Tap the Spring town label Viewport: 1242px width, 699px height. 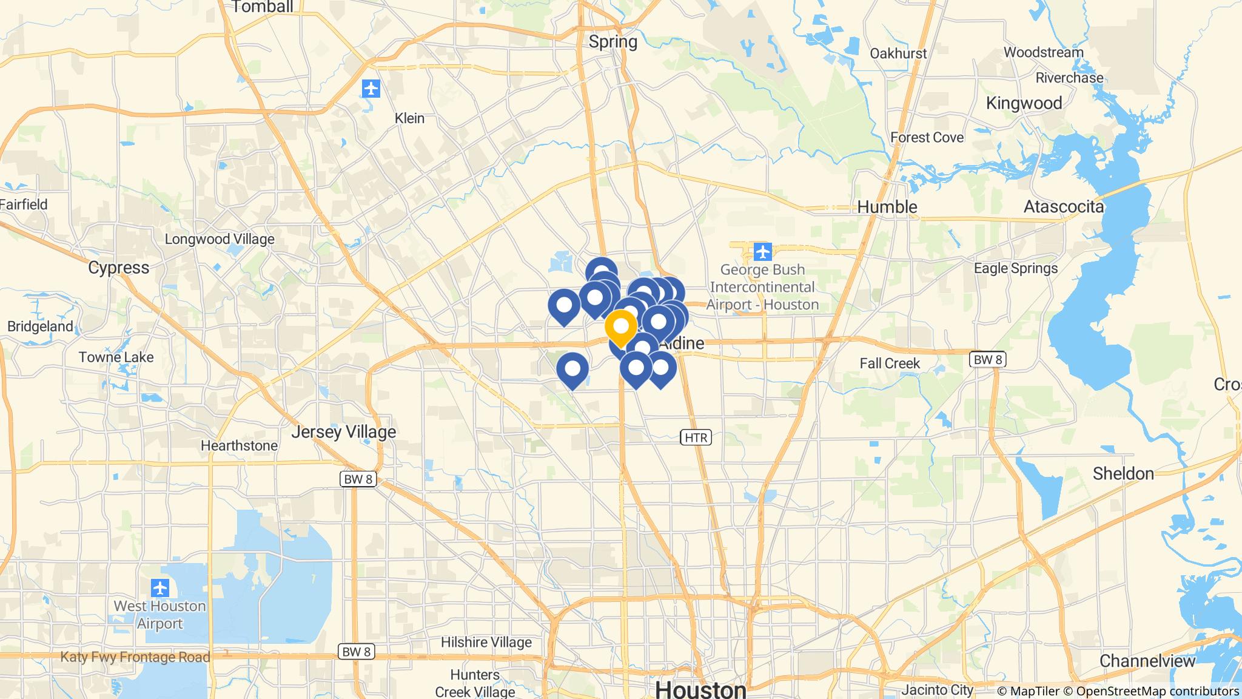point(613,42)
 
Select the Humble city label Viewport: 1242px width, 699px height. point(887,207)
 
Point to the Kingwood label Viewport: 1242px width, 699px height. point(1024,103)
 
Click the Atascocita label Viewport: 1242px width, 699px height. point(1064,207)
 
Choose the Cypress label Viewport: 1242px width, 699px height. point(119,268)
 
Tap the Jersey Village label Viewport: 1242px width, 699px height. point(344,432)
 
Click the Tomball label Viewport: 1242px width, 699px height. point(263,7)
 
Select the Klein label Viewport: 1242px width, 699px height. point(409,118)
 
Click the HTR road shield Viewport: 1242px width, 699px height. point(695,437)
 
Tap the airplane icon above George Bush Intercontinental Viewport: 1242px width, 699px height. point(762,251)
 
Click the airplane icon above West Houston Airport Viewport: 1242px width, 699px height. point(160,587)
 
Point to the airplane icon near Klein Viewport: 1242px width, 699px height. point(371,89)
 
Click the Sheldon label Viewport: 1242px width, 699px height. point(1123,474)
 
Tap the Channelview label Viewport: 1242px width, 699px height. point(1147,661)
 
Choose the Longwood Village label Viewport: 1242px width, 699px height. point(220,240)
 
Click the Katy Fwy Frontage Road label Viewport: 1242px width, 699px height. point(135,657)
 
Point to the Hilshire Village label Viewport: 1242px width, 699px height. point(486,643)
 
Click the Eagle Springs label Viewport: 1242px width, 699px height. point(1016,268)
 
